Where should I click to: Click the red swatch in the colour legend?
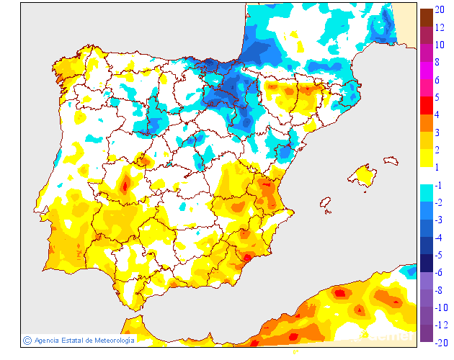(x=427, y=106)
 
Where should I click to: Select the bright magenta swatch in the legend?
(x=427, y=71)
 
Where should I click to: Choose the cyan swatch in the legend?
(x=427, y=193)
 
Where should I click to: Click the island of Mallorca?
(x=363, y=175)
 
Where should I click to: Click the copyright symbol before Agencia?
(x=27, y=340)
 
